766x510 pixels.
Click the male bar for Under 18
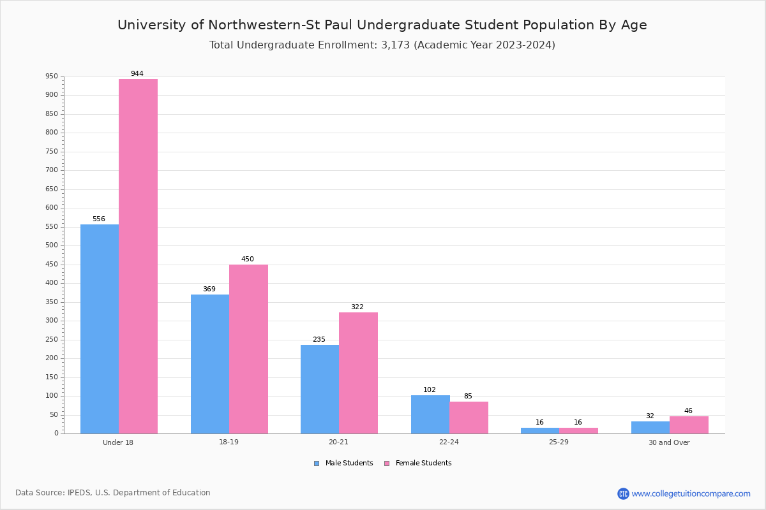(x=100, y=329)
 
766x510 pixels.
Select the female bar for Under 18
(x=138, y=256)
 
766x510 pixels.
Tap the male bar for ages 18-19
(x=210, y=364)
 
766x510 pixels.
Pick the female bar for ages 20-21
(x=358, y=373)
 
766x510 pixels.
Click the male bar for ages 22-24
(x=430, y=414)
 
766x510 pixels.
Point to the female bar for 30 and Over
(x=689, y=425)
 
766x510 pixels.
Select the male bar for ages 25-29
(x=540, y=430)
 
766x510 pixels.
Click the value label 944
(x=137, y=74)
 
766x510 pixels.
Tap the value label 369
(x=209, y=289)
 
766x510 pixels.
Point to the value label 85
(x=468, y=397)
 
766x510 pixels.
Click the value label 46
(x=688, y=411)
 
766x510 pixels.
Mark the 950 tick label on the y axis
(x=51, y=76)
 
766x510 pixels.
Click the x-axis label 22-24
(x=449, y=442)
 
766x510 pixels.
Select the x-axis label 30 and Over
(x=669, y=442)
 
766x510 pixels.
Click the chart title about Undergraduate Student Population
(x=382, y=25)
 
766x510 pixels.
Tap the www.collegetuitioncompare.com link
(x=691, y=493)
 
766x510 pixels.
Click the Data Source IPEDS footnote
(x=113, y=493)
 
